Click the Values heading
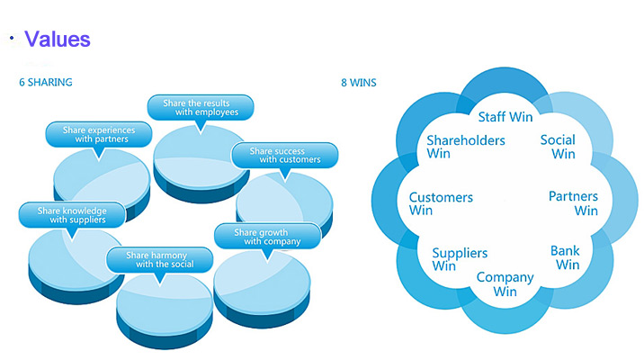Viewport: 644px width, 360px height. pos(58,40)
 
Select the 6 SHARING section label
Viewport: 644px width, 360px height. pos(46,83)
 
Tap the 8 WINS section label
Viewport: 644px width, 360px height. pos(359,83)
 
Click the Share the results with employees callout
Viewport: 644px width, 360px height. pos(201,108)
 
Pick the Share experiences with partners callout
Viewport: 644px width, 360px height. pos(95,135)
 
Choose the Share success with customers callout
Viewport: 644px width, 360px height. pos(284,156)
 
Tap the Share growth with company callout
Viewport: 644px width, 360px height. pos(267,237)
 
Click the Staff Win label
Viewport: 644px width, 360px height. pos(505,117)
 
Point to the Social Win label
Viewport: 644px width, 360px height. pos(558,147)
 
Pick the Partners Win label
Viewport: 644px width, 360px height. pos(573,203)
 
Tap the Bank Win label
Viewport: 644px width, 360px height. pos(566,257)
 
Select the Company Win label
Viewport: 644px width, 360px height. pos(505,284)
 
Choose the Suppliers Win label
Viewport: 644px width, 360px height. pos(460,259)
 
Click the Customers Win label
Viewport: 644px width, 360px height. pos(441,203)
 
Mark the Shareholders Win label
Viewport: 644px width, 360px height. pos(465,147)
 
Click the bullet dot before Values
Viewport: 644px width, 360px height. pos(12,39)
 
